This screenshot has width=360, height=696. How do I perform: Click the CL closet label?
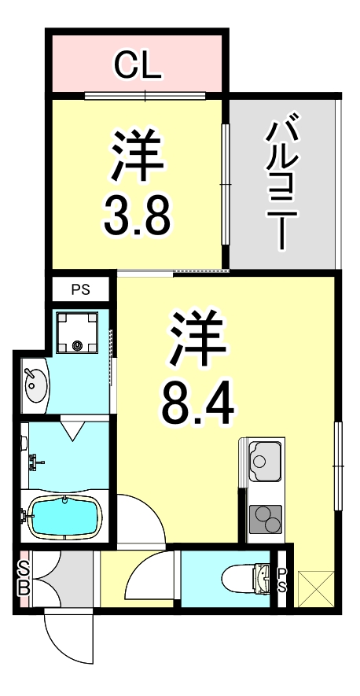pyautogui.click(x=138, y=67)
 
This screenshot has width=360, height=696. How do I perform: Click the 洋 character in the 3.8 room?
pyautogui.click(x=138, y=154)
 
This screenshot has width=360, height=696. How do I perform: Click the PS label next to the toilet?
pyautogui.click(x=282, y=582)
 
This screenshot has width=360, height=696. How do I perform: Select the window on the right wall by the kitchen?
pyautogui.click(x=338, y=466)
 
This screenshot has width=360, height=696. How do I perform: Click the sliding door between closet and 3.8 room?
pyautogui.click(x=145, y=96)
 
